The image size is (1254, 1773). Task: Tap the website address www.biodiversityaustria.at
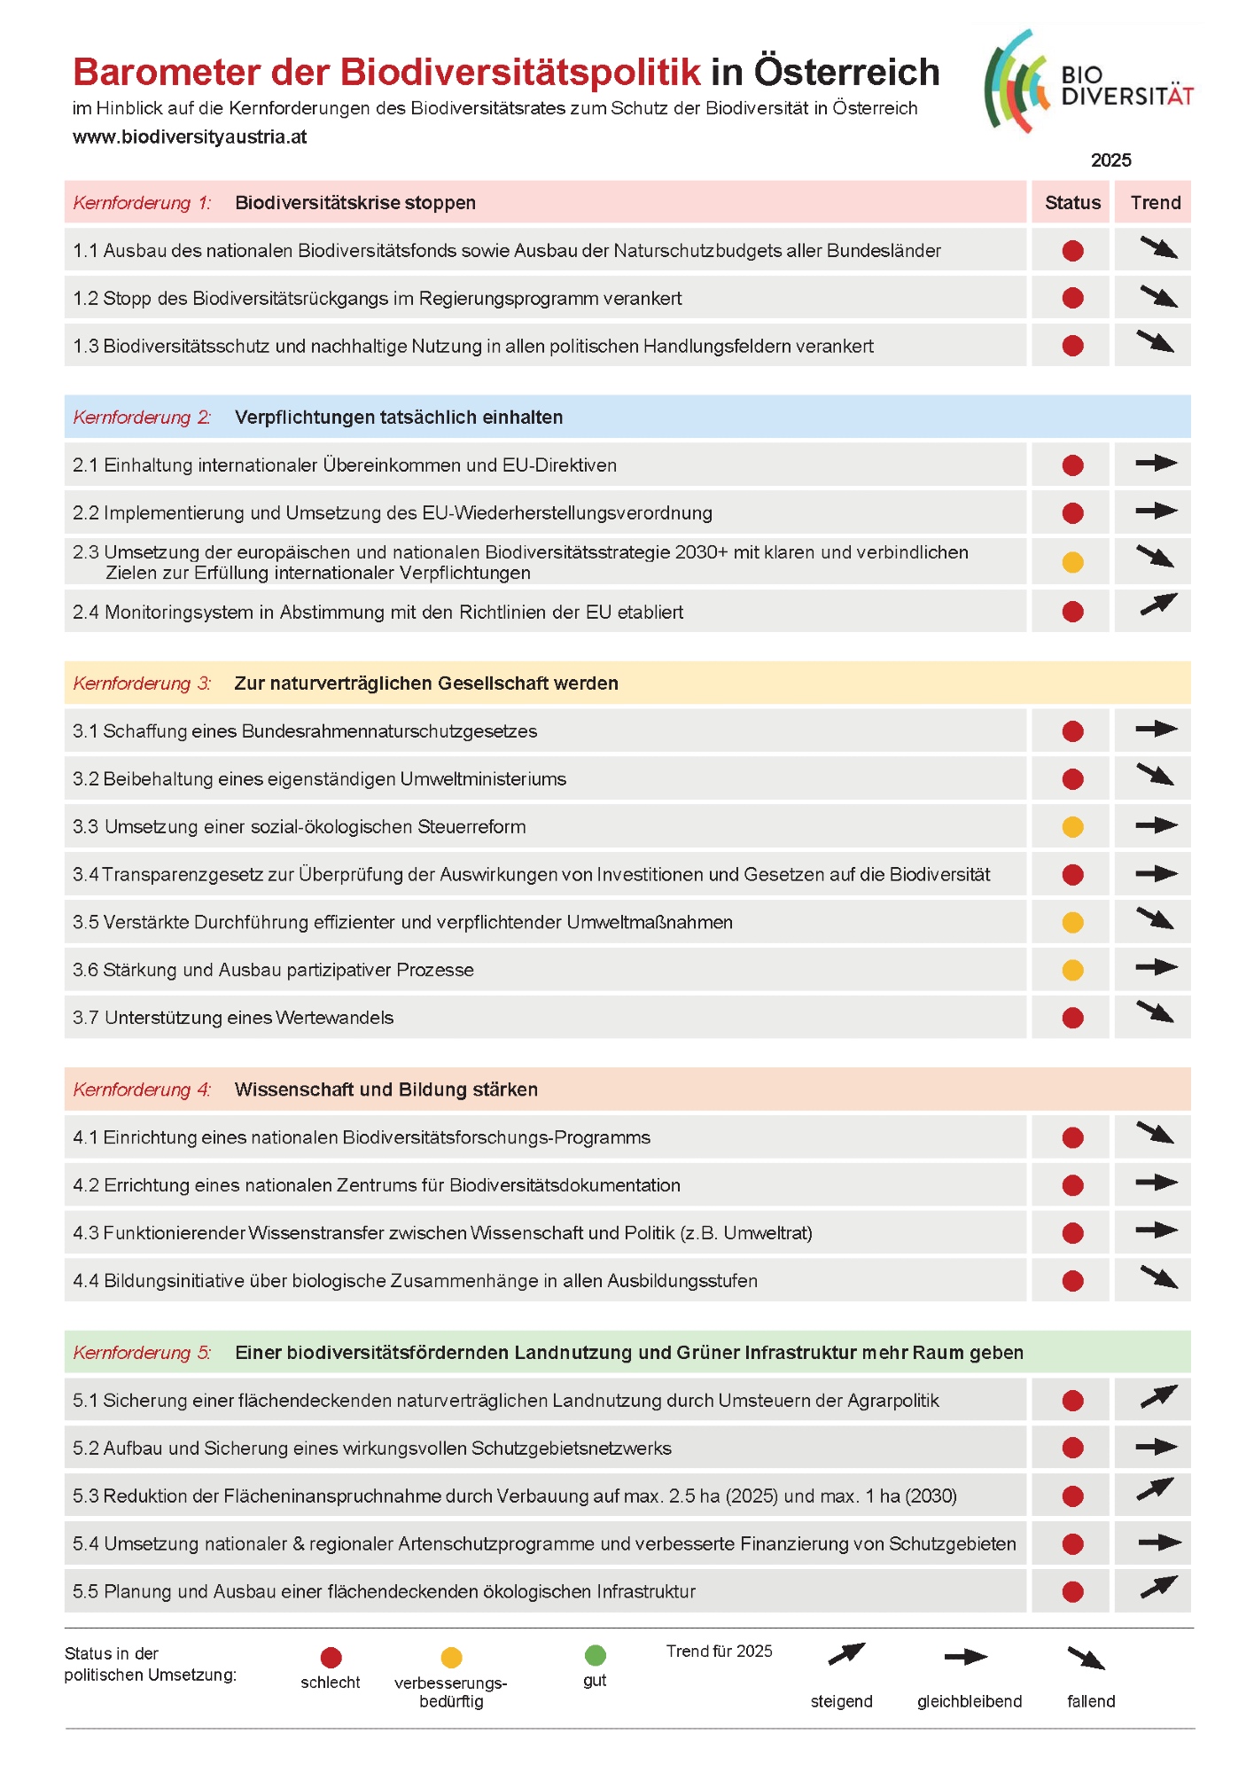point(190,137)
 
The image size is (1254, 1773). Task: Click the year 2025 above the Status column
point(1110,160)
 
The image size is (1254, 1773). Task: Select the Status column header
point(1072,203)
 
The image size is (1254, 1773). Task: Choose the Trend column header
point(1155,203)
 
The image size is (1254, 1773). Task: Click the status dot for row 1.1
point(1072,251)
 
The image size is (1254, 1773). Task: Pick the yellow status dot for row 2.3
point(1072,562)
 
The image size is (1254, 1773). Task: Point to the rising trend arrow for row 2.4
point(1157,605)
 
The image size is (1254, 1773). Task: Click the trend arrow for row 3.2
point(1156,775)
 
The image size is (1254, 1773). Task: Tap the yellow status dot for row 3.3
point(1072,827)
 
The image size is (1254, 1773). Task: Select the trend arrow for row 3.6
point(1157,967)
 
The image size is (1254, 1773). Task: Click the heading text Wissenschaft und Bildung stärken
point(386,1090)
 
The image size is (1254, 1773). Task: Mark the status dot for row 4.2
point(1072,1185)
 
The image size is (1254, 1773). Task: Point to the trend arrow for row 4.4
point(1158,1277)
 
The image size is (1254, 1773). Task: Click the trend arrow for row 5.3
point(1156,1489)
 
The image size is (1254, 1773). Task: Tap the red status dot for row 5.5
point(1072,1591)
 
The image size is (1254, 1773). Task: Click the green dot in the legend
point(596,1655)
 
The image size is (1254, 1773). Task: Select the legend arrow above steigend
point(845,1654)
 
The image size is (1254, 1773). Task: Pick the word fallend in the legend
point(1091,1701)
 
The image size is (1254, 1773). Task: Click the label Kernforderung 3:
point(142,683)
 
